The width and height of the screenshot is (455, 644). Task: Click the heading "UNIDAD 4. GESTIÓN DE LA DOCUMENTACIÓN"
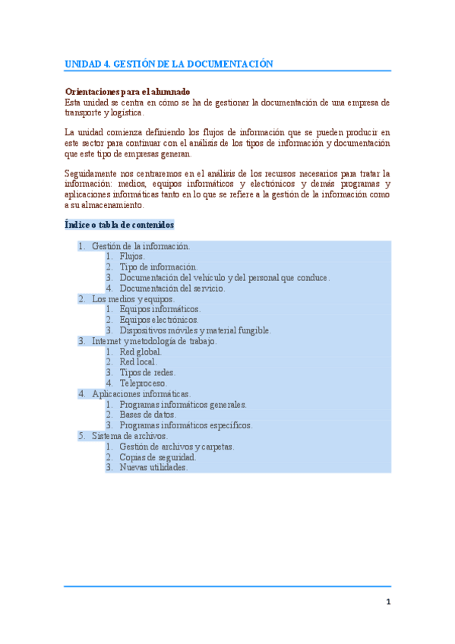point(169,64)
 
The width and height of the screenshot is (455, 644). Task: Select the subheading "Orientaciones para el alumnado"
point(127,91)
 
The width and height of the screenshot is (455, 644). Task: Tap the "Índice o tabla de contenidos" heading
point(119,225)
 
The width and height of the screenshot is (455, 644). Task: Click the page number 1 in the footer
point(387,602)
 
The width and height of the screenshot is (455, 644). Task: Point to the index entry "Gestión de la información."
point(141,246)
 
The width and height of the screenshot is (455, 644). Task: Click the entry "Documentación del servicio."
point(172,289)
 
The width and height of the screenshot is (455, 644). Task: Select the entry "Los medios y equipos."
point(133,299)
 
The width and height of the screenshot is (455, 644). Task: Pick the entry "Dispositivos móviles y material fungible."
point(195,330)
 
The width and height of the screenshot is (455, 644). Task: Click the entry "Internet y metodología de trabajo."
point(154,341)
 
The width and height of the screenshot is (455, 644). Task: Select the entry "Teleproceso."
point(143,384)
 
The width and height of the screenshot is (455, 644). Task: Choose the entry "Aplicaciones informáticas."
point(141,394)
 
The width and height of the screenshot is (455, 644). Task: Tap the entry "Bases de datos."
point(147,415)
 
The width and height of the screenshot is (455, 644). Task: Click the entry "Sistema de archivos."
point(129,436)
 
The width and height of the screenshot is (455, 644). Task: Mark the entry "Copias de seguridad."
point(158,457)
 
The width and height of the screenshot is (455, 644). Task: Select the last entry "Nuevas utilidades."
point(153,468)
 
